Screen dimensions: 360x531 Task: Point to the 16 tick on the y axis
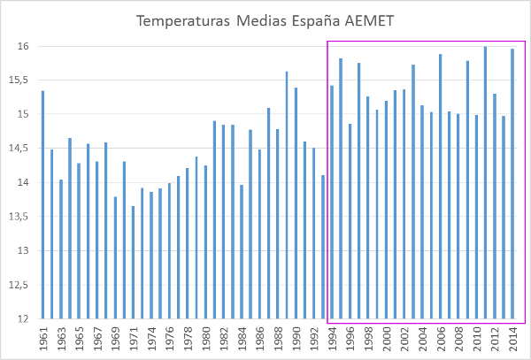point(23,46)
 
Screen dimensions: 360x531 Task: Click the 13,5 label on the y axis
point(20,217)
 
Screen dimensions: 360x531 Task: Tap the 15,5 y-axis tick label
point(20,80)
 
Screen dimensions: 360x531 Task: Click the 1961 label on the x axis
point(42,338)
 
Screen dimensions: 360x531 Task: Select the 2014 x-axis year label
point(513,338)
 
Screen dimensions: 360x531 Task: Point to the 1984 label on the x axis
point(242,338)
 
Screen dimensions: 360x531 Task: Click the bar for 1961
point(42,204)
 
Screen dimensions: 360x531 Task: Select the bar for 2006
point(441,186)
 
